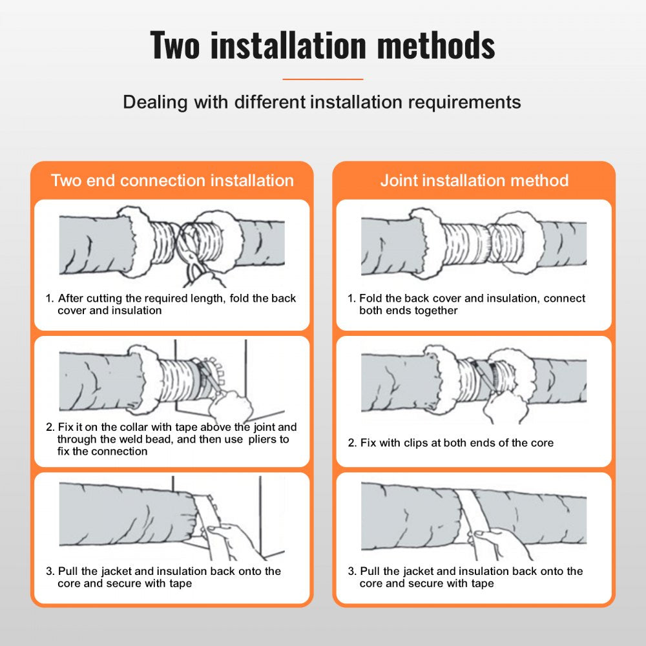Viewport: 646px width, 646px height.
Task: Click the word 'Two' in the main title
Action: coord(176,45)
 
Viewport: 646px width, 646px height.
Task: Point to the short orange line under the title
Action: coord(323,79)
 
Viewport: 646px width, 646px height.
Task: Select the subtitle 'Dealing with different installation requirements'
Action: coord(322,102)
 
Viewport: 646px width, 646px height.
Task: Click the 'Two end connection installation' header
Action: coord(172,180)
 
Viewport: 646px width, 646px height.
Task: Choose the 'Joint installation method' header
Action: coord(474,180)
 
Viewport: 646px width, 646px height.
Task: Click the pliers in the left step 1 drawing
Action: coord(193,255)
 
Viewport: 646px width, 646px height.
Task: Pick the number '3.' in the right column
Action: coord(352,571)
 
